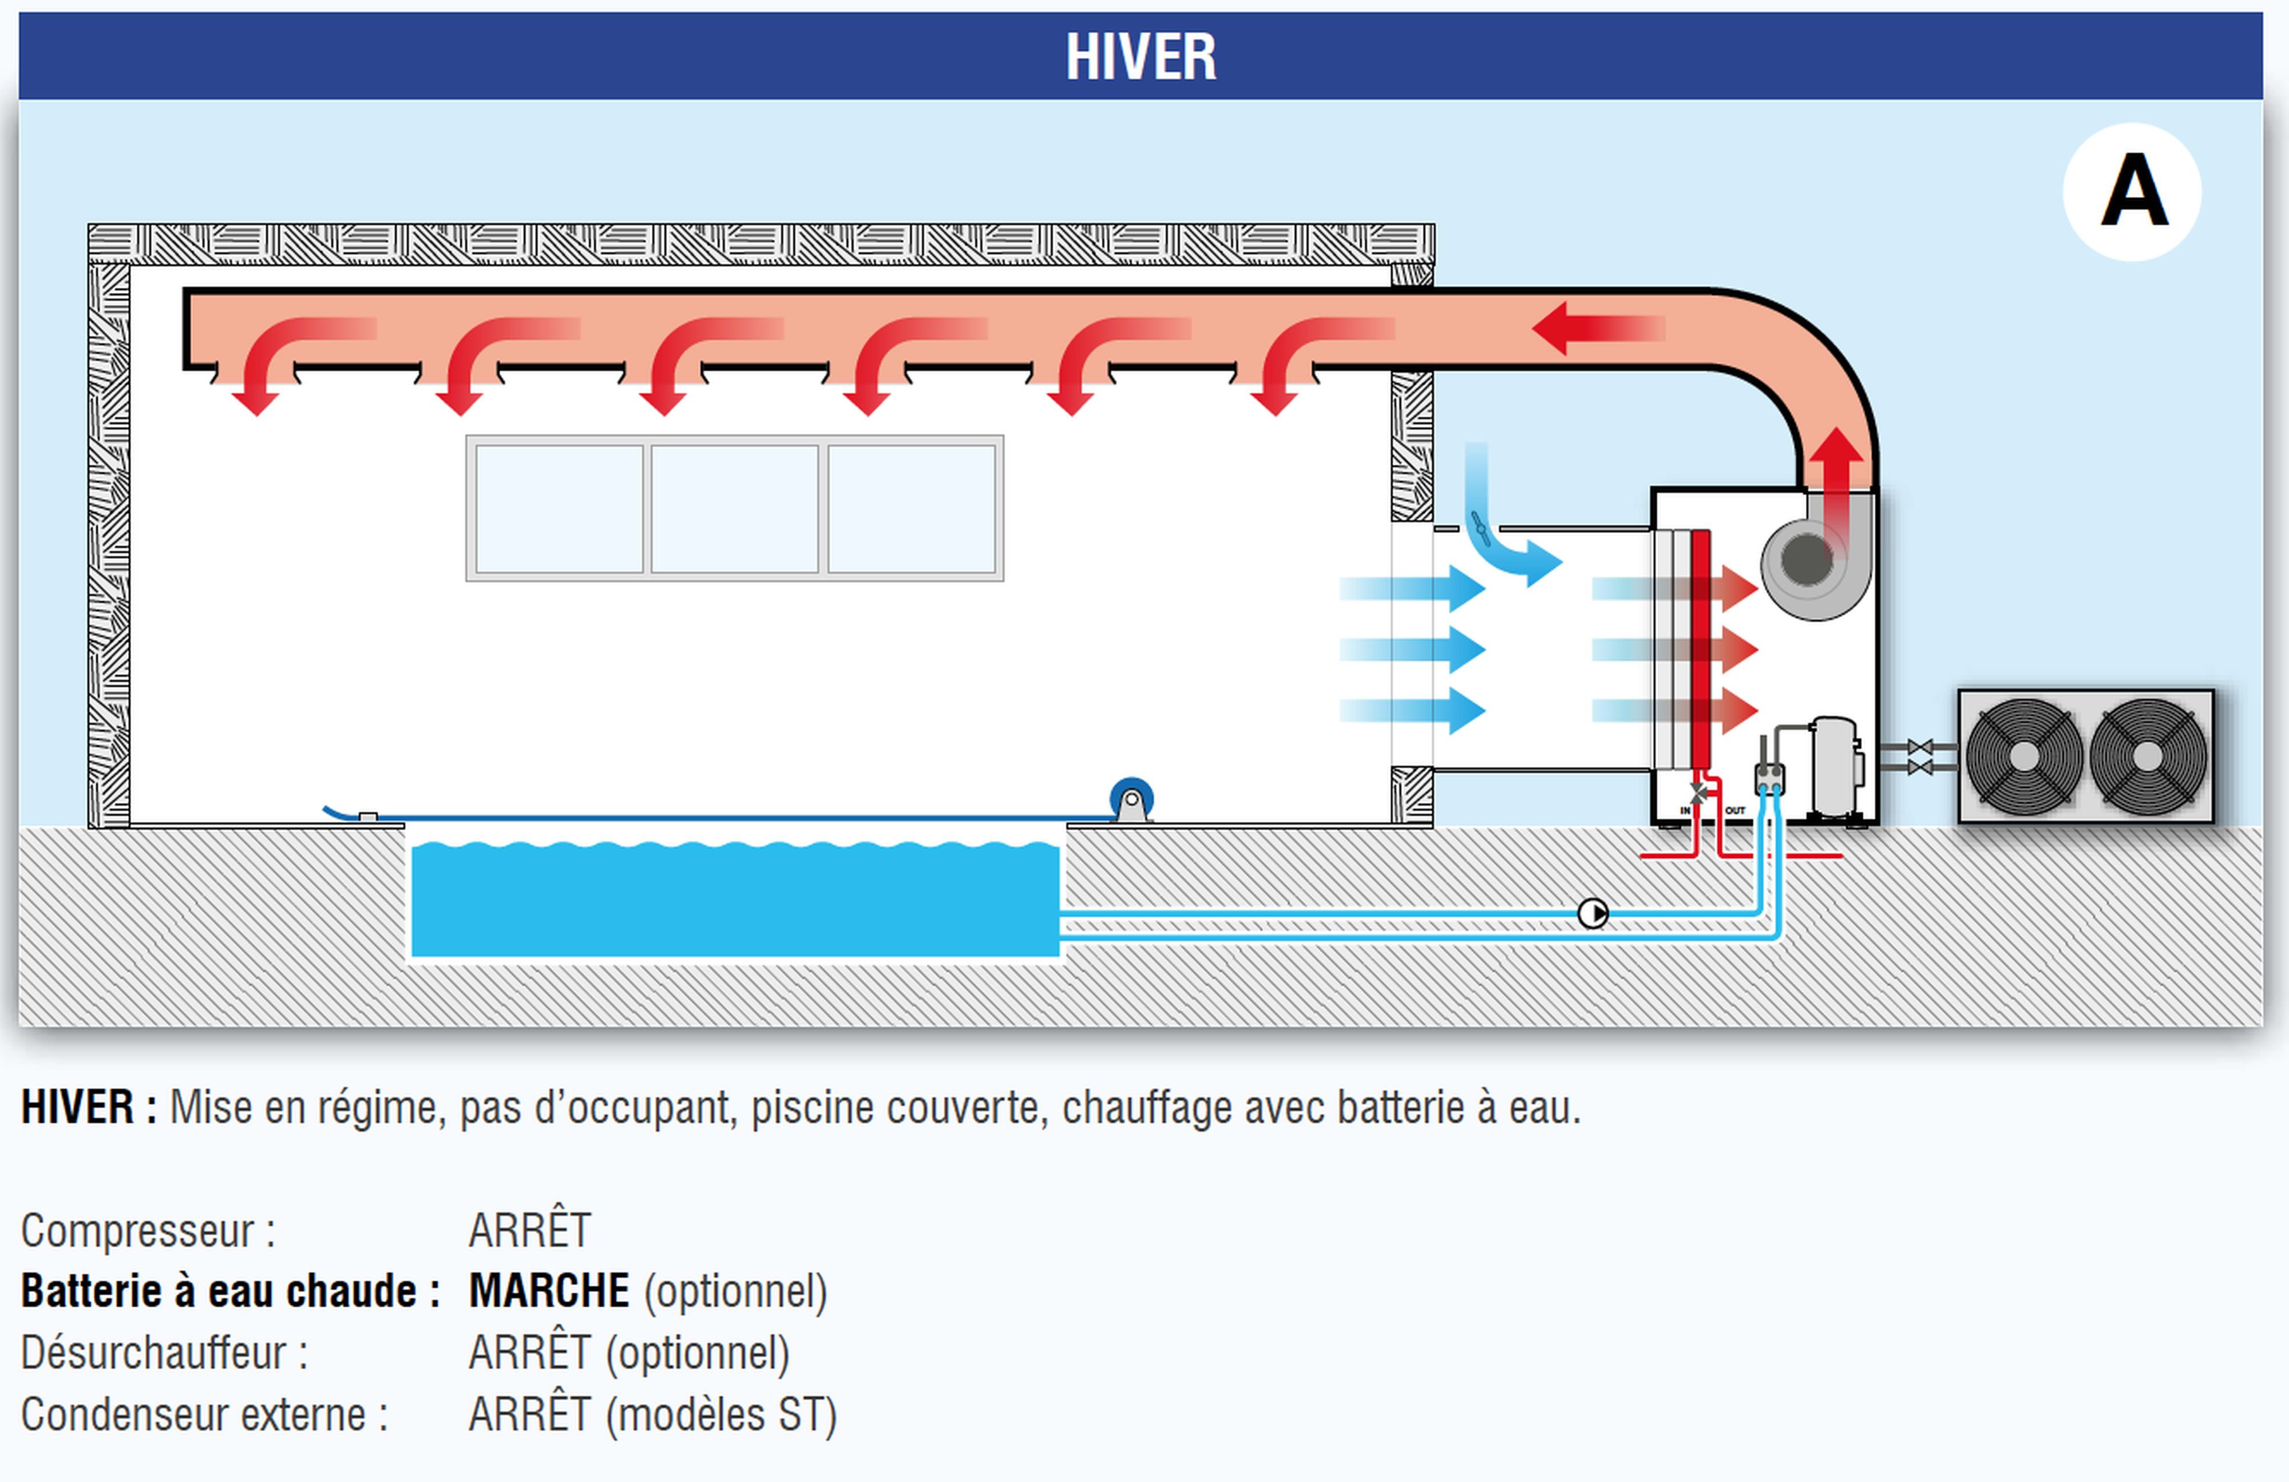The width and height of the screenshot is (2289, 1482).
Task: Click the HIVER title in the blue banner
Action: tap(1140, 57)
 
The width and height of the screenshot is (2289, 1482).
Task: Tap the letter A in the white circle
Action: tap(2133, 192)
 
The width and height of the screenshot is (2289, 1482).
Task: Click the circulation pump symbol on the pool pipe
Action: tap(1593, 913)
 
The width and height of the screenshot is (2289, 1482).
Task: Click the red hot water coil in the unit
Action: tap(1700, 649)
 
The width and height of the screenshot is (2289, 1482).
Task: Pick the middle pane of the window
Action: tap(735, 509)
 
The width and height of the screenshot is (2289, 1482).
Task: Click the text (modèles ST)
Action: tap(722, 1414)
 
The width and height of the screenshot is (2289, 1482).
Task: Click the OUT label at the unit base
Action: tap(1735, 811)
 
